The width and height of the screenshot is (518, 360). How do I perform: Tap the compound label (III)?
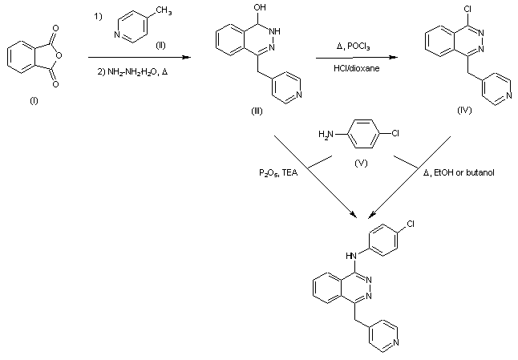point(257,111)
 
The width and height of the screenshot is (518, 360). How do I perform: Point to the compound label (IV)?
point(463,110)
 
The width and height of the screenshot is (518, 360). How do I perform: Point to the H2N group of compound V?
point(323,134)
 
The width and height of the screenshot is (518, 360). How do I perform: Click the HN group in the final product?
point(350,255)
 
